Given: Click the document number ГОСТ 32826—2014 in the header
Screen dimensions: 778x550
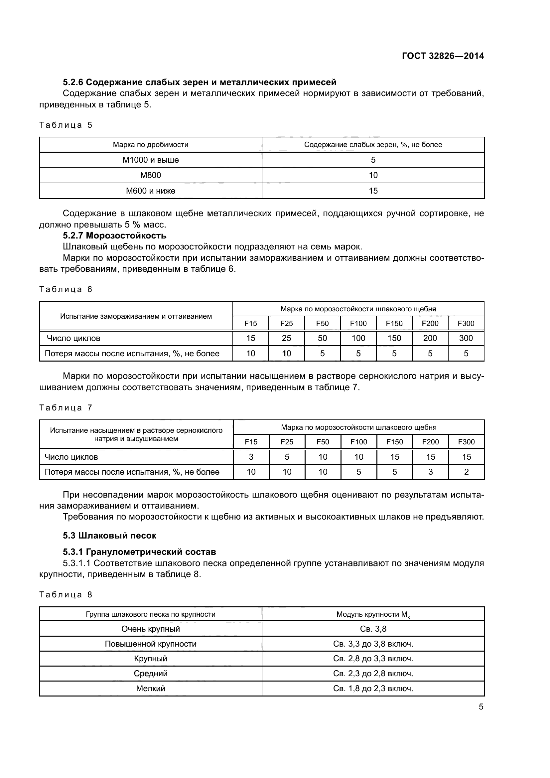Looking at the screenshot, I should pyautogui.click(x=443, y=56).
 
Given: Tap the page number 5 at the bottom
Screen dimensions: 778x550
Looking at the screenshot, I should pyautogui.click(x=481, y=706).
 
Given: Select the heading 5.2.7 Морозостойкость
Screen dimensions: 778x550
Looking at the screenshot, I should pyautogui.click(x=114, y=235).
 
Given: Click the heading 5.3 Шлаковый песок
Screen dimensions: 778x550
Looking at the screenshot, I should pyautogui.click(x=109, y=536).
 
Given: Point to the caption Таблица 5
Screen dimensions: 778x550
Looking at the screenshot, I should pyautogui.click(x=66, y=125).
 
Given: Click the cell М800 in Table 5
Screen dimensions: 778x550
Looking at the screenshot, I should pyautogui.click(x=150, y=175).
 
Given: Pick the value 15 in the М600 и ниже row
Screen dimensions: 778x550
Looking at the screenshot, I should pyautogui.click(x=373, y=191).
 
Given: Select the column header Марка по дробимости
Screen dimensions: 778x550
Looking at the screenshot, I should pyautogui.click(x=150, y=145).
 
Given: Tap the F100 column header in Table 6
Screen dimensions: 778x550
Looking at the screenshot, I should pyautogui.click(x=358, y=323).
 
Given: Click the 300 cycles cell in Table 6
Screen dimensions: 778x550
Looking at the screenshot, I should pyautogui.click(x=466, y=338).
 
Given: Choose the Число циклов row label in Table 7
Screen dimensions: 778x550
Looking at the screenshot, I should pyautogui.click(x=71, y=457).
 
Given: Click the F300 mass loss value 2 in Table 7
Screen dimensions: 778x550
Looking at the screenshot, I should pyautogui.click(x=466, y=472).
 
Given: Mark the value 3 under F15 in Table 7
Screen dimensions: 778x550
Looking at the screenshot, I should pyautogui.click(x=251, y=457).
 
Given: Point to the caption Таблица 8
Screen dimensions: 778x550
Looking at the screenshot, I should pyautogui.click(x=66, y=595).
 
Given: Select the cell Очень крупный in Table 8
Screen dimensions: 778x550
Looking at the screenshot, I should pyautogui.click(x=150, y=629).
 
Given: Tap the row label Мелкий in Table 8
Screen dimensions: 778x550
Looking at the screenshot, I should pyautogui.click(x=150, y=688).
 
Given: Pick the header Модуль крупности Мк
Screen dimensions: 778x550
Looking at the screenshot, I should pyautogui.click(x=373, y=614).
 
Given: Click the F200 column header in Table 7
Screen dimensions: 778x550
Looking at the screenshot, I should pyautogui.click(x=430, y=442).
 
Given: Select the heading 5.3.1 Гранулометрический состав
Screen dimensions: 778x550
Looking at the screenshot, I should pyautogui.click(x=139, y=552).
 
